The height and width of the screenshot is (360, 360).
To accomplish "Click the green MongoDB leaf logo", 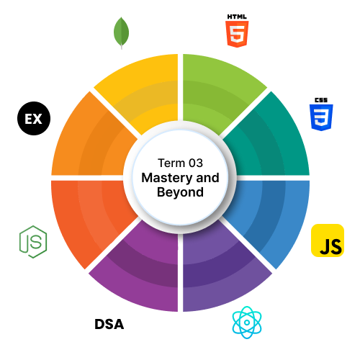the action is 121,32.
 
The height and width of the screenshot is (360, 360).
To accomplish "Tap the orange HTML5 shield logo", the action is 237,34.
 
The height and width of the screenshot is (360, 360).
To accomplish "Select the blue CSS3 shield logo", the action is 321,117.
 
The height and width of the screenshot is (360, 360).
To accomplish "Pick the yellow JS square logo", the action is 328,240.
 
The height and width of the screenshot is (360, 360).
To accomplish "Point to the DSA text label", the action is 109,324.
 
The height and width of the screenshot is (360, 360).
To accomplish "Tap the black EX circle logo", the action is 34,118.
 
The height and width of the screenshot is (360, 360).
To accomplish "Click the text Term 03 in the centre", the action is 180,163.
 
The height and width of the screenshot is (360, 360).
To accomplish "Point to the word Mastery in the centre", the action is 167,178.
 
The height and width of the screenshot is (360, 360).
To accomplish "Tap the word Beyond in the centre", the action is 180,192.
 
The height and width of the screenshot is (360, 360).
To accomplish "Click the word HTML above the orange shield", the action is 237,17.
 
